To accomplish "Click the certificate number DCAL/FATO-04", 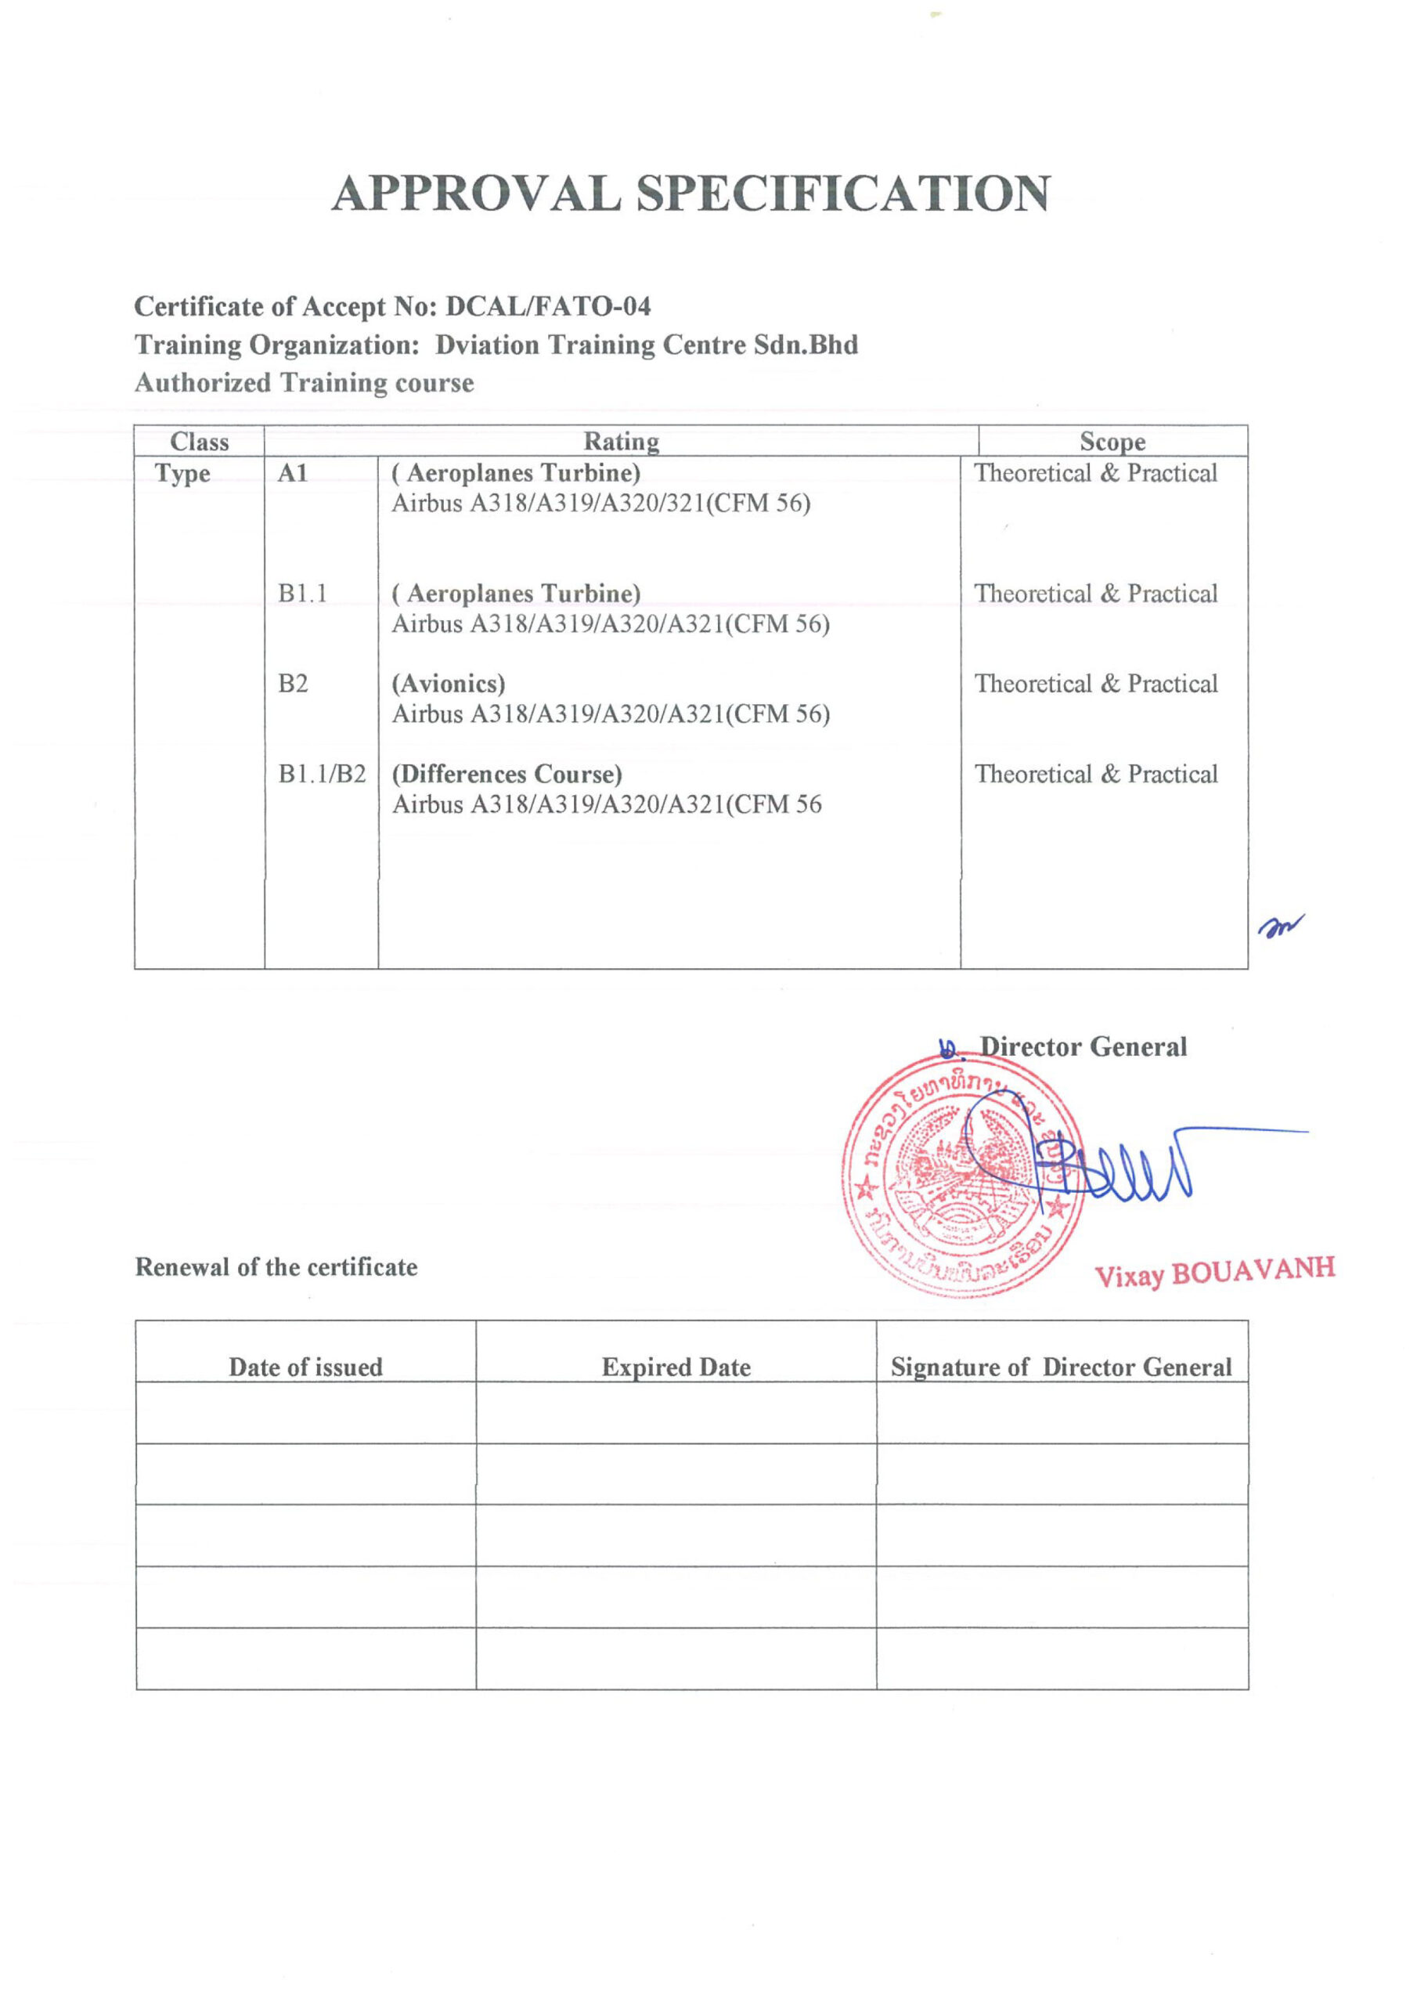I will click(x=548, y=306).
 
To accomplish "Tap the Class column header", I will click(x=199, y=442).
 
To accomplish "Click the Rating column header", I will click(x=621, y=442).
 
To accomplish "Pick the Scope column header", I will click(x=1112, y=442).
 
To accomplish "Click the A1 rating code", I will click(x=293, y=473).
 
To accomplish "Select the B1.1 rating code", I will click(x=302, y=594).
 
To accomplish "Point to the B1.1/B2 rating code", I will click(x=321, y=775).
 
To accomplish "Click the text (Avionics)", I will click(x=448, y=684).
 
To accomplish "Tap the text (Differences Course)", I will click(x=507, y=775).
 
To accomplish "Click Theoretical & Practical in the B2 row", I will click(x=1096, y=684).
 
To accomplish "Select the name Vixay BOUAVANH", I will click(x=1214, y=1273).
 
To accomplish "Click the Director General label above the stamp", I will click(x=1083, y=1047).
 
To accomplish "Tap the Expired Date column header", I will click(x=676, y=1367).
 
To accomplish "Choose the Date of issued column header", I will click(x=305, y=1367).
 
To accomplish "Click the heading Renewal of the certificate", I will click(x=276, y=1267).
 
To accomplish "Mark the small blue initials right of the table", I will click(x=1280, y=926).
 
